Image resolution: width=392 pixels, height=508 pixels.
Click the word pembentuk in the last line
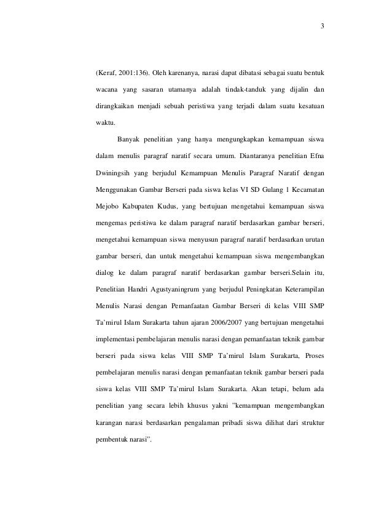coord(114,441)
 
